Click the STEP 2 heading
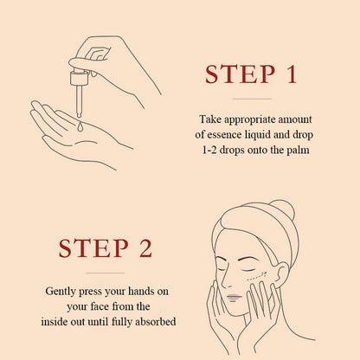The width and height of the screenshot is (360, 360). pyautogui.click(x=106, y=248)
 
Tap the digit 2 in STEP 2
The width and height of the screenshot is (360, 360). pyautogui.click(x=145, y=248)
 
